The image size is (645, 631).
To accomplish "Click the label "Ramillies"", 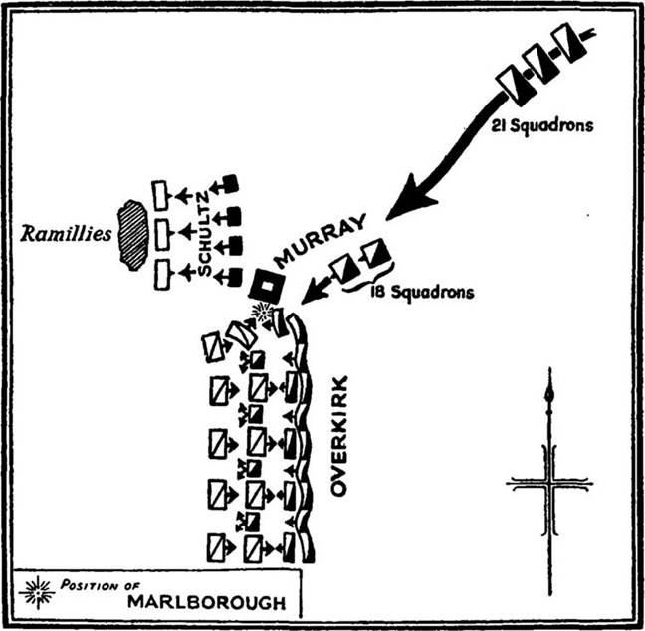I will point(62,238).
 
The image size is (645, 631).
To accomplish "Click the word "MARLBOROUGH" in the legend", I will point(205,602).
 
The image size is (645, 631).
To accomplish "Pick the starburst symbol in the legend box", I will point(37,591).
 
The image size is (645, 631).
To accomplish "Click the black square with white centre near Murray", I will point(267,287).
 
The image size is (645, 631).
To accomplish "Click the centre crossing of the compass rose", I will point(549,485).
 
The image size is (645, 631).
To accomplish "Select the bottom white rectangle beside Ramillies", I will point(160,274).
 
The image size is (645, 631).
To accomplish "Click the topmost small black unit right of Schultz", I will point(230,183).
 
